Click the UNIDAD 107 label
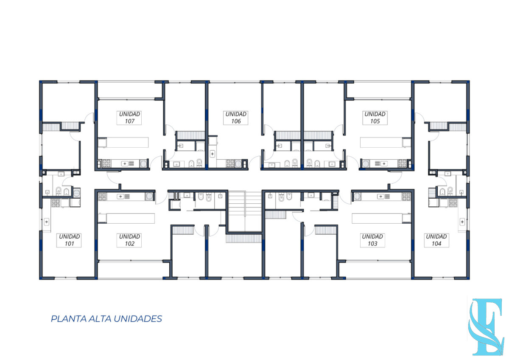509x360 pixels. pyautogui.click(x=130, y=118)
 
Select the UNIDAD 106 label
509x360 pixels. pyautogui.click(x=236, y=118)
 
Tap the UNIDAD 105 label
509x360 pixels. pyautogui.click(x=375, y=118)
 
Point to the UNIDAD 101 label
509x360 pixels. pyautogui.click(x=70, y=240)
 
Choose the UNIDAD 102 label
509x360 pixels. pyautogui.click(x=130, y=240)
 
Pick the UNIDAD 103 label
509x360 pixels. pyautogui.click(x=372, y=240)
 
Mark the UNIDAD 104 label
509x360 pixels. pyautogui.click(x=436, y=240)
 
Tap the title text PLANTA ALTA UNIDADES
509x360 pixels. pyautogui.click(x=106, y=319)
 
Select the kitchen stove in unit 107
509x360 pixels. pyautogui.click(x=104, y=163)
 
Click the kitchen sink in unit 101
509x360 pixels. pyautogui.click(x=46, y=221)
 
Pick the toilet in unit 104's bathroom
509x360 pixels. pyautogui.click(x=442, y=192)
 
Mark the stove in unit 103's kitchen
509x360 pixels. pyautogui.click(x=406, y=196)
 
